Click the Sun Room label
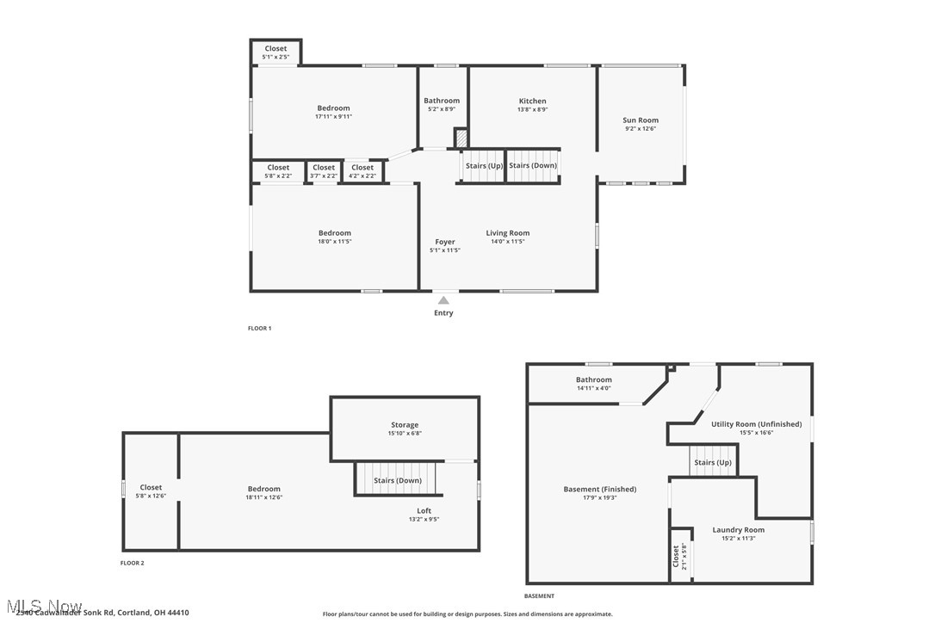click(x=641, y=120)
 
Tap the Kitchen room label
click(x=532, y=102)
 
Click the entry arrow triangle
click(x=443, y=300)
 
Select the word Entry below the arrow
click(x=443, y=313)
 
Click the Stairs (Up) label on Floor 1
click(x=484, y=166)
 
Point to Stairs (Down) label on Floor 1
click(x=533, y=166)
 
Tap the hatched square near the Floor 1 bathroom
click(x=461, y=139)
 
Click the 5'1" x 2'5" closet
click(x=276, y=52)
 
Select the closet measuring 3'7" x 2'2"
click(x=324, y=171)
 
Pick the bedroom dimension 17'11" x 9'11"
click(x=334, y=116)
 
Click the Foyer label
click(x=445, y=242)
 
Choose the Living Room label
click(x=508, y=233)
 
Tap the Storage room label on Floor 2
click(x=405, y=425)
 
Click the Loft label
click(x=424, y=511)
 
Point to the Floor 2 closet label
click(x=151, y=488)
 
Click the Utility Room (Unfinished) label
click(x=756, y=424)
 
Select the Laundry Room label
click(x=738, y=530)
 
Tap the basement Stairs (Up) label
click(x=713, y=463)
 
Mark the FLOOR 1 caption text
click(x=259, y=329)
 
